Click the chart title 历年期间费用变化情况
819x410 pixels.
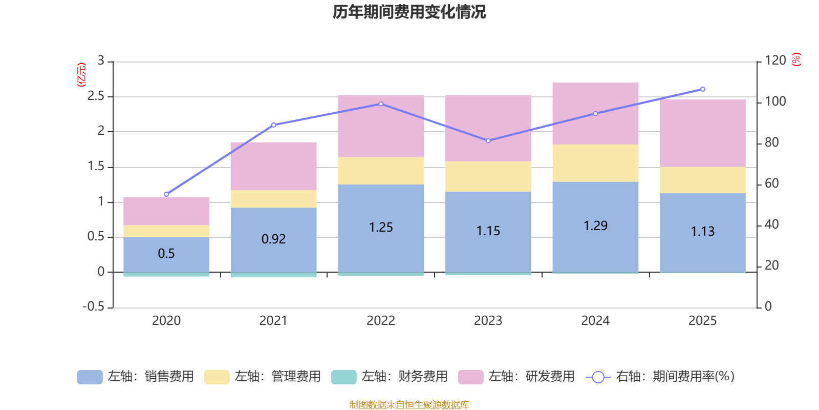[409, 12]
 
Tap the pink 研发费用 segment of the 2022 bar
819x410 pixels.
[381, 126]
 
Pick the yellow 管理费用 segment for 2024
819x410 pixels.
[595, 163]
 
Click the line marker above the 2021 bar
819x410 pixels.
[273, 125]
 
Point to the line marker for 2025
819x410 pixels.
[702, 89]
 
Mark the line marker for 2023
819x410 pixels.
[488, 140]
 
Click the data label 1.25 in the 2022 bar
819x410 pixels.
[381, 228]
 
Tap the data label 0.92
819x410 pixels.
[273, 239]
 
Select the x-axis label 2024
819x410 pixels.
[595, 321]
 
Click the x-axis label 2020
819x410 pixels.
[166, 321]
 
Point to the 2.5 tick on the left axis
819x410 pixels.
[96, 96]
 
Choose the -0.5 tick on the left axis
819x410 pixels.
[93, 306]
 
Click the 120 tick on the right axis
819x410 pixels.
[775, 61]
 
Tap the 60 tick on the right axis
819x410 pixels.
[771, 183]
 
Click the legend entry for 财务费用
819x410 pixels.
[390, 377]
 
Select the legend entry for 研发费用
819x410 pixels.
[516, 377]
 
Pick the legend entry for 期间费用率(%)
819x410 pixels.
[660, 377]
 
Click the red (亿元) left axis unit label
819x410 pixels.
[81, 75]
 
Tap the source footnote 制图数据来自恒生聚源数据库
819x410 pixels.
[409, 405]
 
